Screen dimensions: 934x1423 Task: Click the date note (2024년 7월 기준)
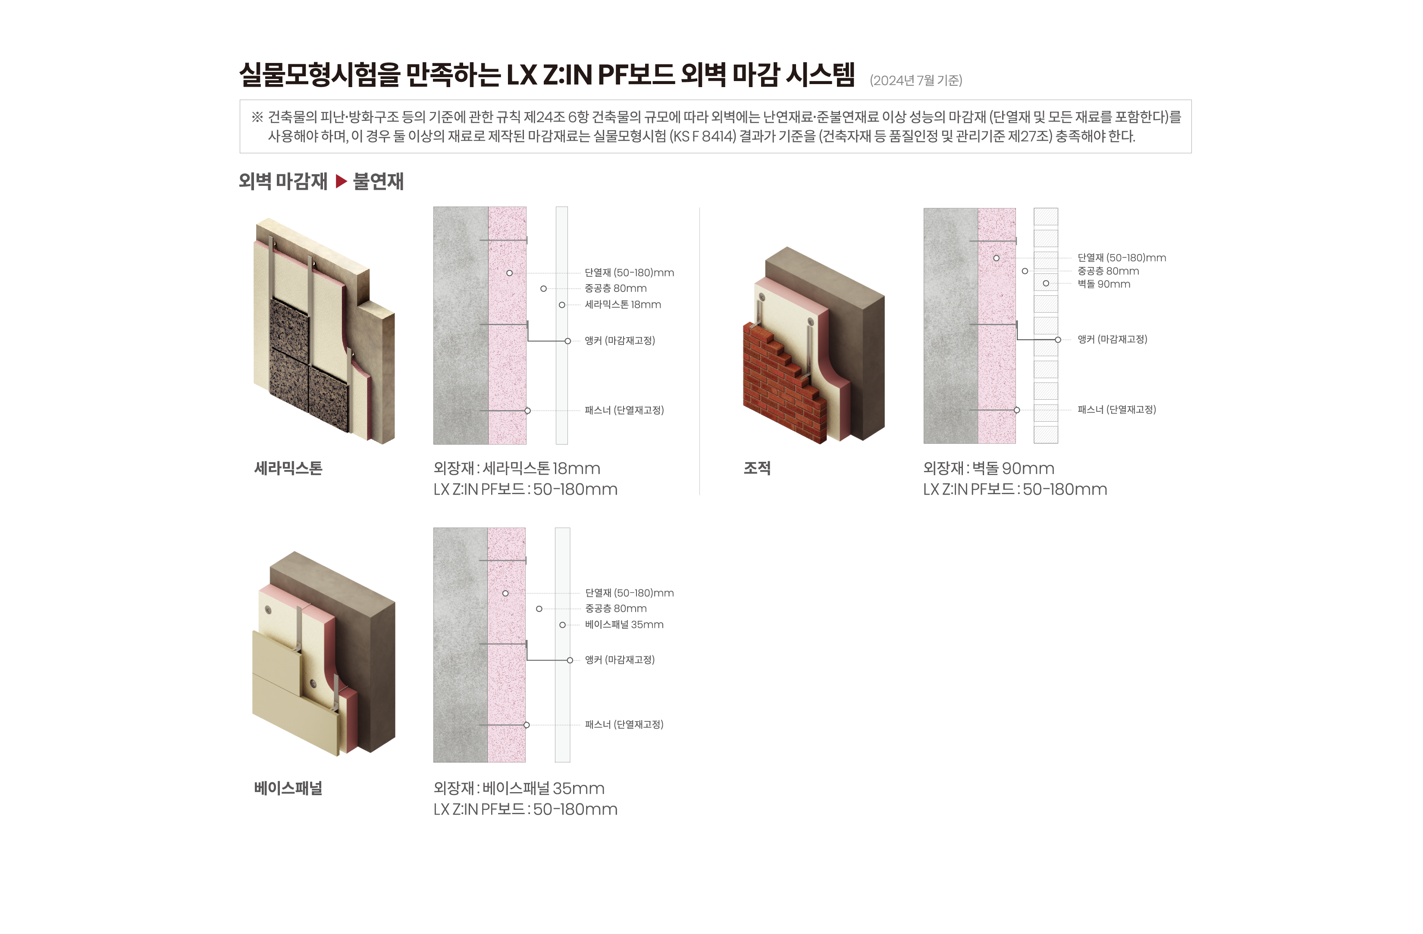pos(915,81)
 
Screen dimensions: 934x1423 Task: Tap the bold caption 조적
pos(756,468)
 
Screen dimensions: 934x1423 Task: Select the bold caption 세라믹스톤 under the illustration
pos(288,468)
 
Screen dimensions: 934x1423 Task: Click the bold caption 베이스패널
pos(288,788)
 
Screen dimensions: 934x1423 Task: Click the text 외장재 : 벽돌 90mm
pos(988,469)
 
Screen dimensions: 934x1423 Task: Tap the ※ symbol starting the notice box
pos(257,117)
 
